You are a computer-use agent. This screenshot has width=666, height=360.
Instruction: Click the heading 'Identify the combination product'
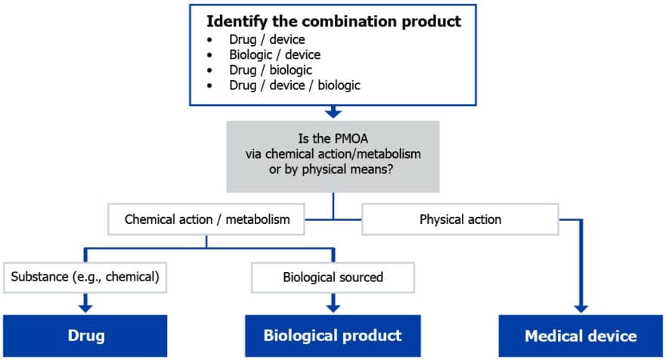333,21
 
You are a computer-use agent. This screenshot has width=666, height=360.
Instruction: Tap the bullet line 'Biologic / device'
275,55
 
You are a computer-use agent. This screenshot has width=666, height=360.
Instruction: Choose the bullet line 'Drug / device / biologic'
295,85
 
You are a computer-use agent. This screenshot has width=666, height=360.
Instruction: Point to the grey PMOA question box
333,154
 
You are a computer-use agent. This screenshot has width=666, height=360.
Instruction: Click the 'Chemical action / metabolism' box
207,220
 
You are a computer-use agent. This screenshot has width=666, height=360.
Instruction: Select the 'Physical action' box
460,220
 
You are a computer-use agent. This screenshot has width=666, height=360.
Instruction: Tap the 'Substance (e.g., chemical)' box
85,277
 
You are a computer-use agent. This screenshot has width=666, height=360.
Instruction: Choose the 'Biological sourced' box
333,277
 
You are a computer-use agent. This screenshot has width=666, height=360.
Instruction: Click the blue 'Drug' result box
85,335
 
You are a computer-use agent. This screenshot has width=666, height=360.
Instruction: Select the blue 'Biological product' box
333,335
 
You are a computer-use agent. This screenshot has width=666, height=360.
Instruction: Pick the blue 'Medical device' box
581,335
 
